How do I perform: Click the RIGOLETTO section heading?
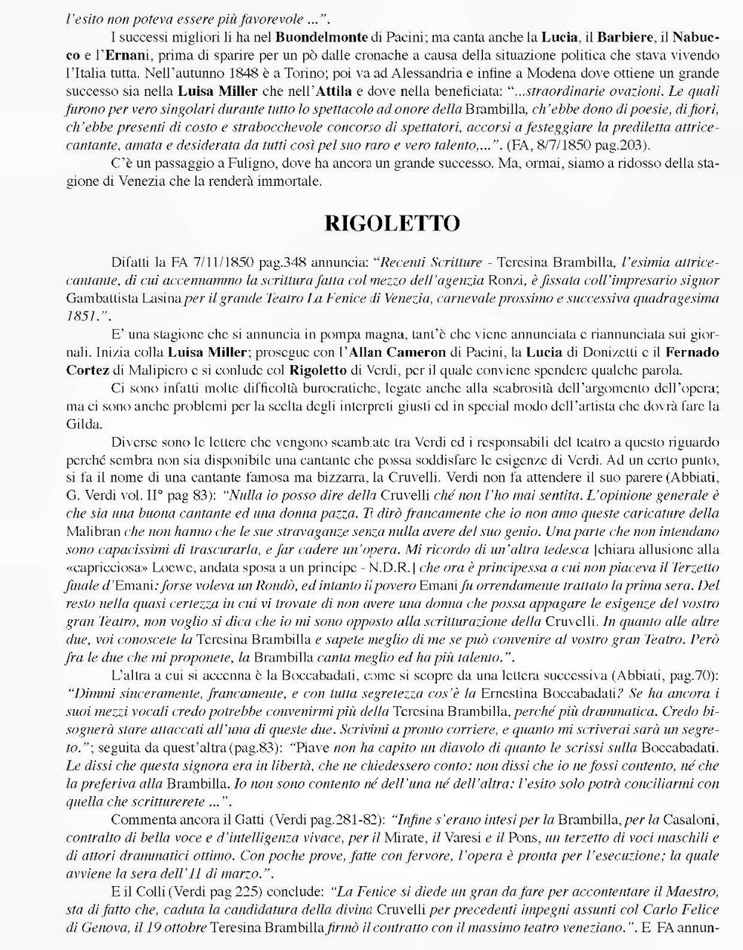[392, 222]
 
